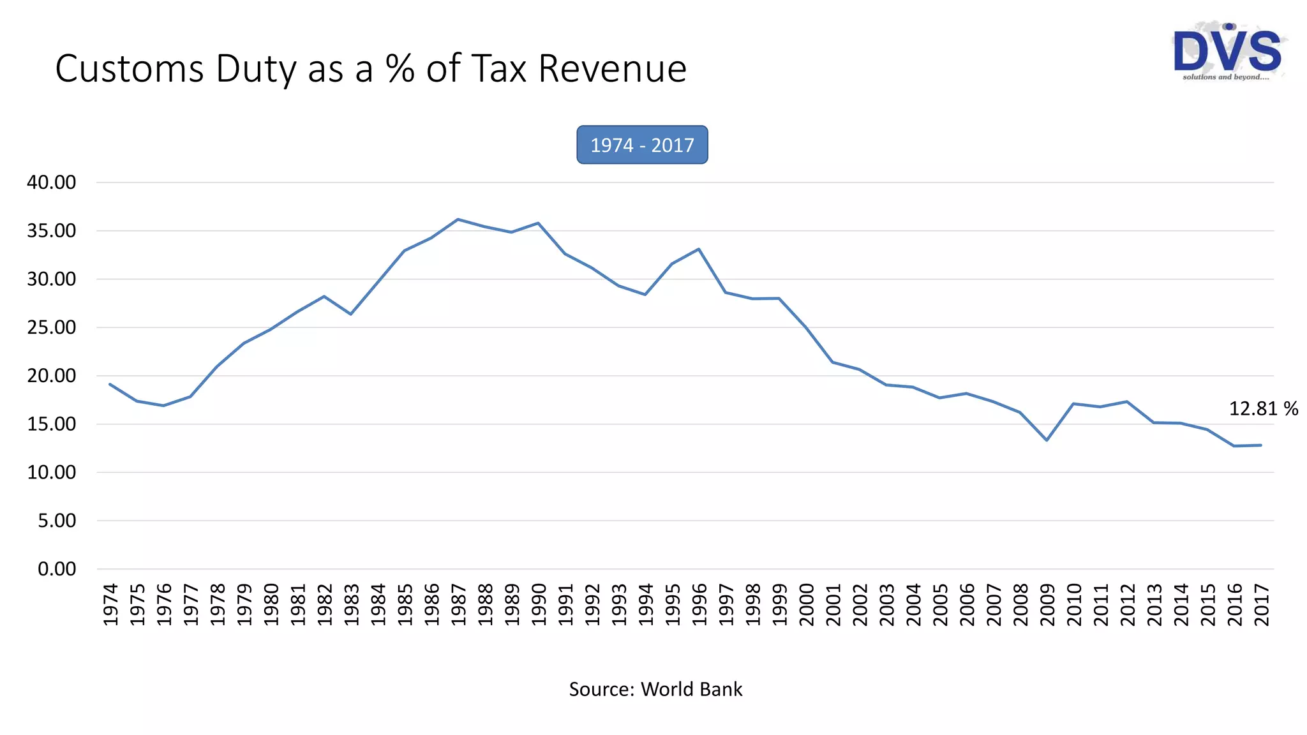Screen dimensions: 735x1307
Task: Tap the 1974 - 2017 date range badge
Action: (642, 145)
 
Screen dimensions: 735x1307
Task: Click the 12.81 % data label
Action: (1263, 409)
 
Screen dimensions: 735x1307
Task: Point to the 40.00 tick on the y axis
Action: (51, 182)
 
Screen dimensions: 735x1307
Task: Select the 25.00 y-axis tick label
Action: (51, 327)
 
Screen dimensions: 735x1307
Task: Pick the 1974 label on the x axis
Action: (111, 604)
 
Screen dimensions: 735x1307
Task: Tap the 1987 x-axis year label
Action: (459, 604)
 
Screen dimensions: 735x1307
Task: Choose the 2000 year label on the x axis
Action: (807, 604)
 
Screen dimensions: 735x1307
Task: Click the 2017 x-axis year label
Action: (1262, 604)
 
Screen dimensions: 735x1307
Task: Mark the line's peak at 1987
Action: (458, 219)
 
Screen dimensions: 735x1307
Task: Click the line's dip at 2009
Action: (1047, 440)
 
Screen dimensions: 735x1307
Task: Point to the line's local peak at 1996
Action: (699, 249)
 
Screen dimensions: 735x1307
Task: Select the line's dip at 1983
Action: (351, 314)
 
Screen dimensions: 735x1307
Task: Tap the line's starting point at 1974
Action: (110, 384)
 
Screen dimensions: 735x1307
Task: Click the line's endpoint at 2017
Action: (1260, 445)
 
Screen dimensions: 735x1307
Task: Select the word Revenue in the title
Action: (612, 69)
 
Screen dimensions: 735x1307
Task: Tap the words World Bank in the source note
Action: (691, 690)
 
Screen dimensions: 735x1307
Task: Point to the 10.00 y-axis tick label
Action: (51, 473)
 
